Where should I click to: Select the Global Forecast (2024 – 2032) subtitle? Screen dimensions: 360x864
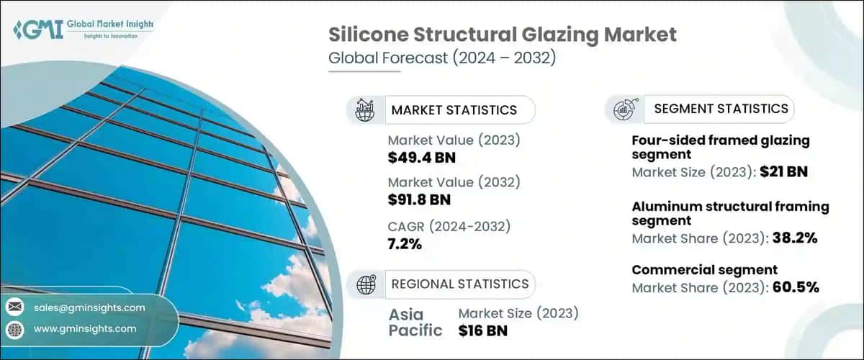(x=441, y=59)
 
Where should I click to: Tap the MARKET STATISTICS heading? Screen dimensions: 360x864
(x=454, y=109)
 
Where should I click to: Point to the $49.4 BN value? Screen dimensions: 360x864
(x=421, y=156)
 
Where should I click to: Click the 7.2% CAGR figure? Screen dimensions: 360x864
(x=405, y=245)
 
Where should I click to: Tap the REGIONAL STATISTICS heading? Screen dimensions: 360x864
(x=459, y=284)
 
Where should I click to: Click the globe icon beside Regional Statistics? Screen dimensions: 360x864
(x=366, y=284)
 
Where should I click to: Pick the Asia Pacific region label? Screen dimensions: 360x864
(x=416, y=323)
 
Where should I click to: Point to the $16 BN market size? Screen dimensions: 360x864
(x=483, y=330)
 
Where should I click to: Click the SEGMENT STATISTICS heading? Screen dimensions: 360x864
(x=721, y=109)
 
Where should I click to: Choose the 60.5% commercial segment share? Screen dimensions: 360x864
(x=793, y=287)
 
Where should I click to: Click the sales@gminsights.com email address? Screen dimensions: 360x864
(x=90, y=307)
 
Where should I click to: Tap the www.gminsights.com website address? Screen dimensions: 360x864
(x=85, y=328)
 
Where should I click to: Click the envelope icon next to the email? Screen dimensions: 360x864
(x=14, y=307)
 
